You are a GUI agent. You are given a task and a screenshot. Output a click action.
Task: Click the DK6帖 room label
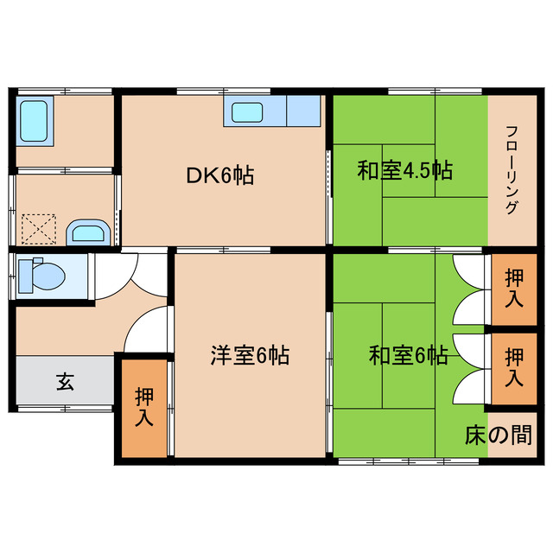coord(220,175)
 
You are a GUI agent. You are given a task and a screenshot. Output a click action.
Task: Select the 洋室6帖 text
coord(251,354)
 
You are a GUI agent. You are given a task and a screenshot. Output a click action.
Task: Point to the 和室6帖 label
coord(408,355)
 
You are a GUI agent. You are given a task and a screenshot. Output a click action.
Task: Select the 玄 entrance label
coord(65,380)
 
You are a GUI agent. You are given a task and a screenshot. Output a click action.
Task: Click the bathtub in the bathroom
coord(35,121)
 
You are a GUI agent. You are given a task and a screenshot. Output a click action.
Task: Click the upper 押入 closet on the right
coord(513,289)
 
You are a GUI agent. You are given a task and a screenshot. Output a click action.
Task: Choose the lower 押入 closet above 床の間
coord(513,366)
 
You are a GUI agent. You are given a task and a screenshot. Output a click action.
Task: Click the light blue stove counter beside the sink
coord(302,112)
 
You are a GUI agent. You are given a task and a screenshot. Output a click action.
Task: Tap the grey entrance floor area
coord(65,380)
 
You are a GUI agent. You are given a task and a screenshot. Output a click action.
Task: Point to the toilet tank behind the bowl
coord(25,276)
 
